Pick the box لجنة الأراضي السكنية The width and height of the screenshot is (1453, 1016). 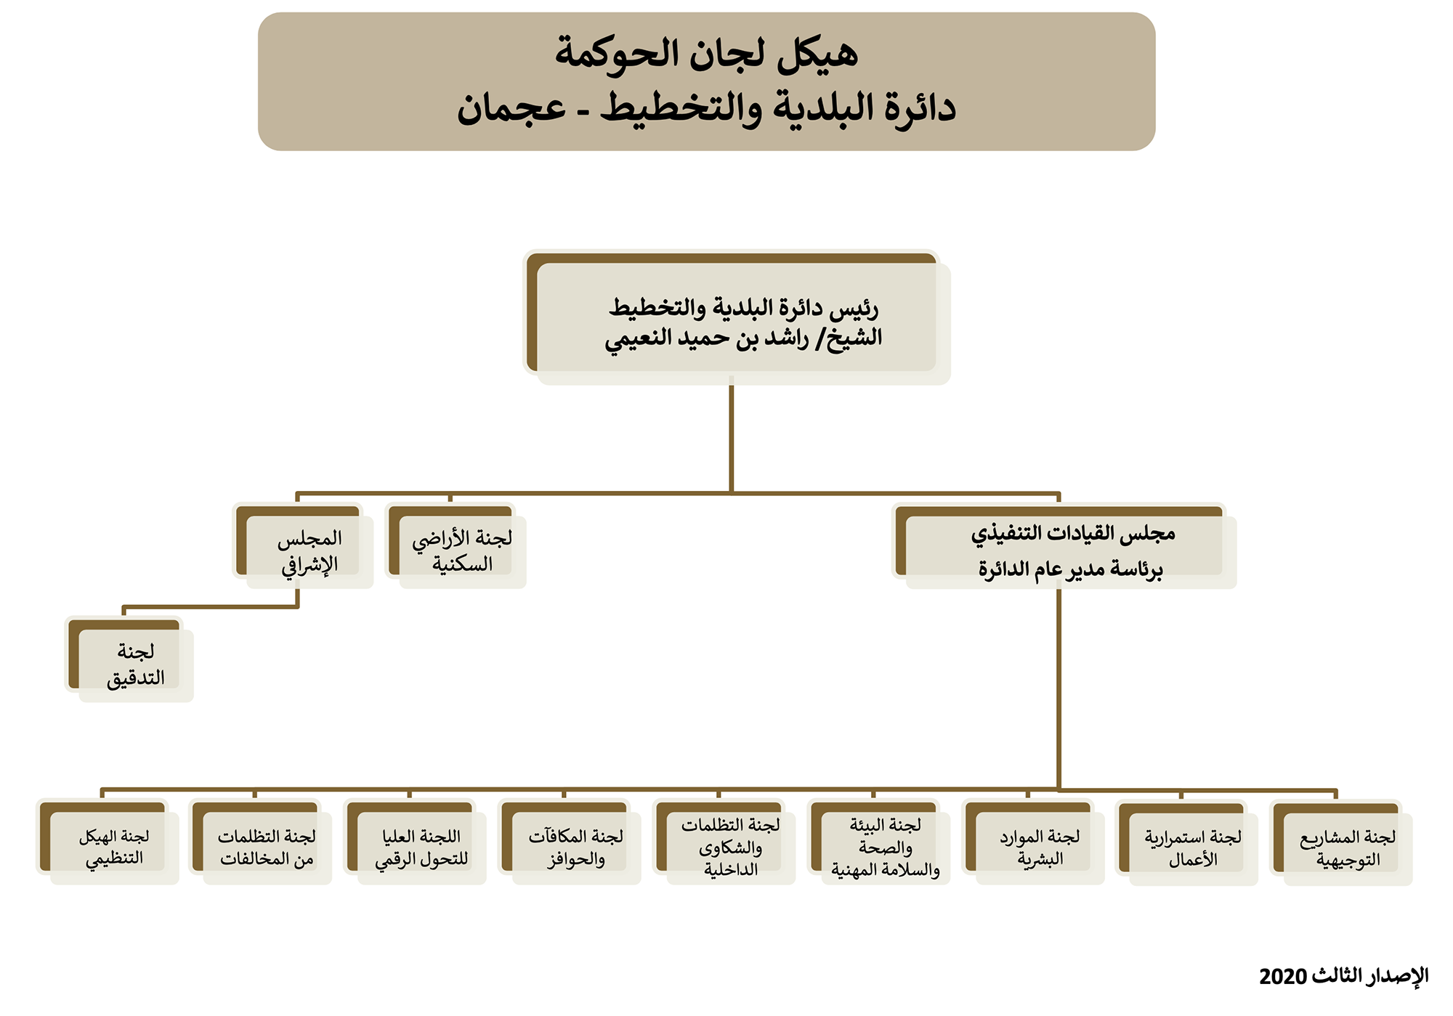click(456, 546)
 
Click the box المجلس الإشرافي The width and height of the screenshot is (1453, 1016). click(303, 546)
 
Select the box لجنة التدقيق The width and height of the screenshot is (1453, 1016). click(129, 659)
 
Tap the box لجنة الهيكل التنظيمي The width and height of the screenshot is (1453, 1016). click(108, 842)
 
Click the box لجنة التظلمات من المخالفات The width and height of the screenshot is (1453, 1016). click(261, 842)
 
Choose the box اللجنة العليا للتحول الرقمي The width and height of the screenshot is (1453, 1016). click(416, 842)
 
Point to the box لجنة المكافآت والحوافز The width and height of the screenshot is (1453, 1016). click(570, 842)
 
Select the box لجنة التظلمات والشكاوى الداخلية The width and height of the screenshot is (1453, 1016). click(724, 842)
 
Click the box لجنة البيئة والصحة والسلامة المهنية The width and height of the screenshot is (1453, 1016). click(879, 842)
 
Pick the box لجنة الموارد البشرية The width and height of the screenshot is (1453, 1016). click(1034, 842)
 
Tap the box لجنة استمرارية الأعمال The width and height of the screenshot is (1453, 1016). click(1188, 842)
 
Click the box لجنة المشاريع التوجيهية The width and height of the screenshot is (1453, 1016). click(1342, 842)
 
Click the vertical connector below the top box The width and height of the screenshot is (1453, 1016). click(732, 435)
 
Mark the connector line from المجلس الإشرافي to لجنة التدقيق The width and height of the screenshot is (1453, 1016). click(211, 606)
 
